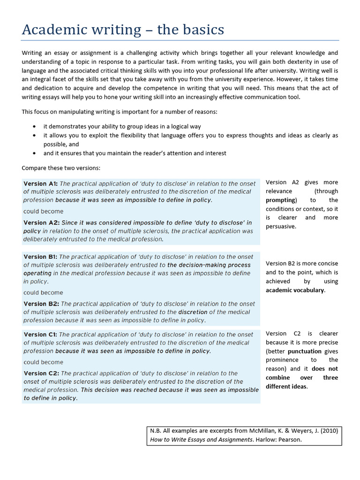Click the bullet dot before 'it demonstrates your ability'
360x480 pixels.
pos(35,127)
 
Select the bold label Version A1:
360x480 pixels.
pos(40,184)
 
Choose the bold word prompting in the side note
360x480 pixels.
pos(280,200)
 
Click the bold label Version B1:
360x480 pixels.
pos(40,257)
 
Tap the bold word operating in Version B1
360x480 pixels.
pos(37,273)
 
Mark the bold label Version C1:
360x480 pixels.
pos(40,335)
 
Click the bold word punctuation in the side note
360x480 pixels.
pos(304,351)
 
